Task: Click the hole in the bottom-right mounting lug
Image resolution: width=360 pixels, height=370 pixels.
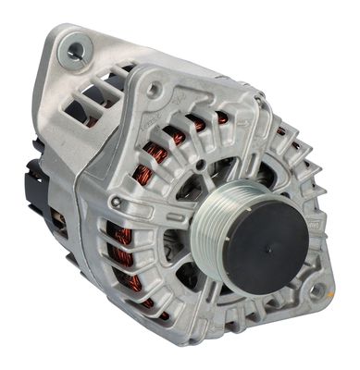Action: pos(317,290)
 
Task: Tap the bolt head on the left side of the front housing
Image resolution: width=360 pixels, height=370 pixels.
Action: pos(115,201)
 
